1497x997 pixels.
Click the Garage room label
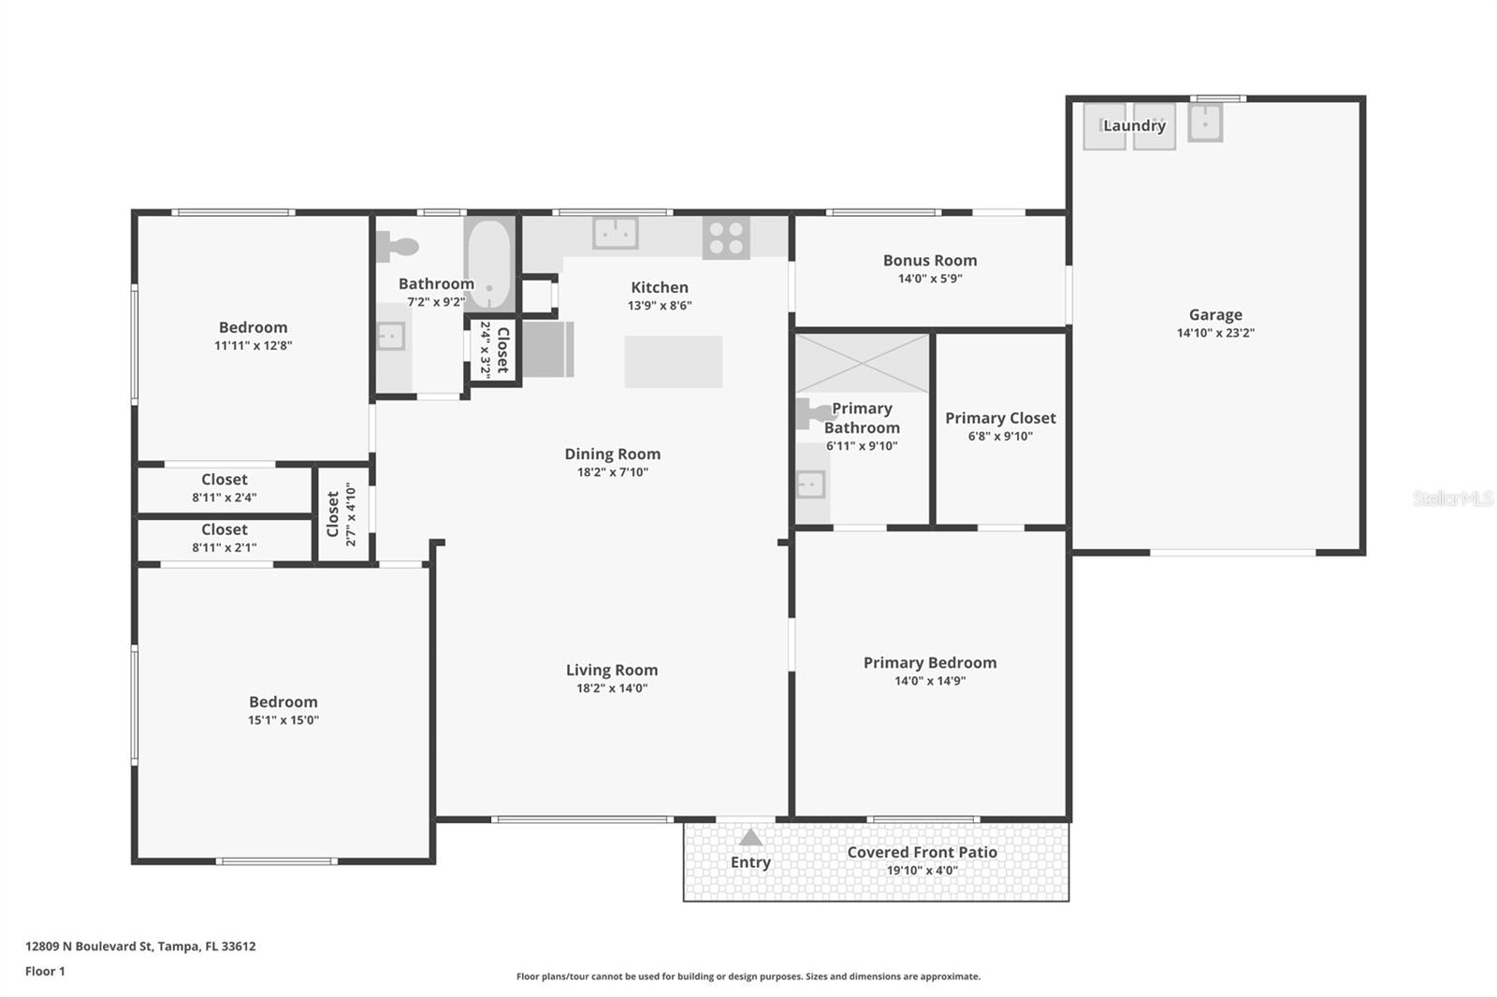(1214, 315)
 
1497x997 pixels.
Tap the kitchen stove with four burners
(726, 237)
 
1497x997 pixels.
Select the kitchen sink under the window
(615, 233)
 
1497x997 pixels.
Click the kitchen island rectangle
(674, 362)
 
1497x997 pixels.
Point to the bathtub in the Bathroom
(488, 265)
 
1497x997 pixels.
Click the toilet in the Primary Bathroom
(809, 413)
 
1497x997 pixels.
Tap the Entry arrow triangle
(750, 837)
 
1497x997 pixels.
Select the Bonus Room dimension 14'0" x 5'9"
(929, 279)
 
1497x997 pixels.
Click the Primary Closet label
(1000, 418)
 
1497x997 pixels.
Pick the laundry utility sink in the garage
(1205, 122)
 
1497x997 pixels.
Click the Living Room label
(611, 670)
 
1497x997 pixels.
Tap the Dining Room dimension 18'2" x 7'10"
(612, 472)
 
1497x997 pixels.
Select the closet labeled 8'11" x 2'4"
(225, 487)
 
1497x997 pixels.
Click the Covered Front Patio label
(922, 852)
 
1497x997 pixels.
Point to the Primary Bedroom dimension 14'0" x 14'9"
(929, 681)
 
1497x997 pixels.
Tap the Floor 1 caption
(45, 971)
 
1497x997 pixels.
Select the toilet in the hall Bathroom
(399, 247)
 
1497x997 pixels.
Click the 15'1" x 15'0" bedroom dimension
(283, 720)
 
